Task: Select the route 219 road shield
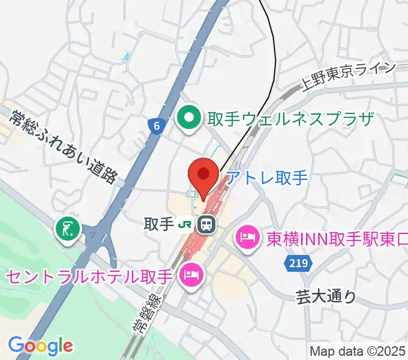pos(293,264)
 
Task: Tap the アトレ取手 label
pos(266,178)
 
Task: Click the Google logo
pos(41,345)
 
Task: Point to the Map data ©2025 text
pos(356,350)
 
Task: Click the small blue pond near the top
pos(126,58)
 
